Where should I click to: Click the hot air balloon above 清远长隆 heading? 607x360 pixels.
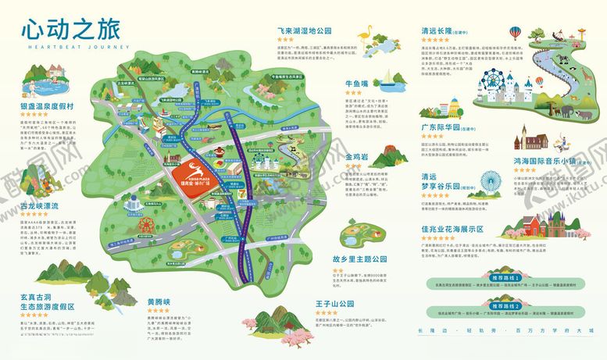click(515, 34)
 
